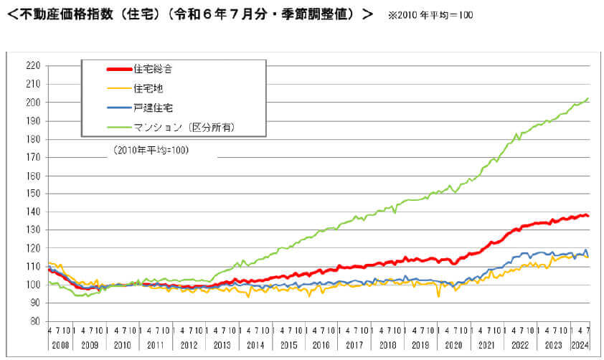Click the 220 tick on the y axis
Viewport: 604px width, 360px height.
(32, 65)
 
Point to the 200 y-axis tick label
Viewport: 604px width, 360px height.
(32, 102)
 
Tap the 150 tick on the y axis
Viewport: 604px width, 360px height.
(32, 194)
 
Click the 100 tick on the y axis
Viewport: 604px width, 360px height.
(32, 285)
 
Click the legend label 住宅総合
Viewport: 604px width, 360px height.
(152, 70)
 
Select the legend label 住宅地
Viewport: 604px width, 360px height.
(148, 89)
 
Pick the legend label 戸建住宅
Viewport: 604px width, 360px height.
(152, 108)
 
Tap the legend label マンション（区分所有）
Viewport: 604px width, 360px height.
(184, 127)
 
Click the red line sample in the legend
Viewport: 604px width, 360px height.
(118, 70)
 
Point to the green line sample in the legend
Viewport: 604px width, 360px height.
(118, 127)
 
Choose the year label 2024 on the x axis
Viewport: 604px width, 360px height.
(580, 346)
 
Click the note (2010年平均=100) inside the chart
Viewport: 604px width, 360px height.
(149, 151)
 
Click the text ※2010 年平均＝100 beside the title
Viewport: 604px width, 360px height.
(431, 15)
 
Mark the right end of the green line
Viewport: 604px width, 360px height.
(588, 98)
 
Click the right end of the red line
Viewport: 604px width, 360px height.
(588, 216)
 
